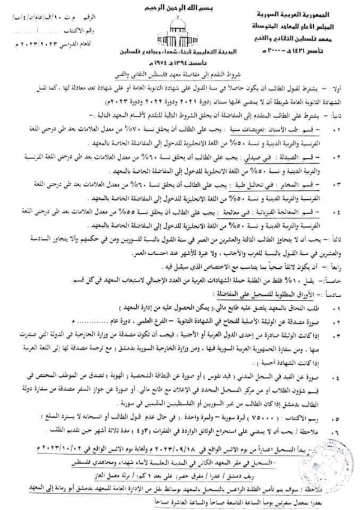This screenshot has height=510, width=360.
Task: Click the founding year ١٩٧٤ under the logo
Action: pyautogui.click(x=191, y=62)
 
